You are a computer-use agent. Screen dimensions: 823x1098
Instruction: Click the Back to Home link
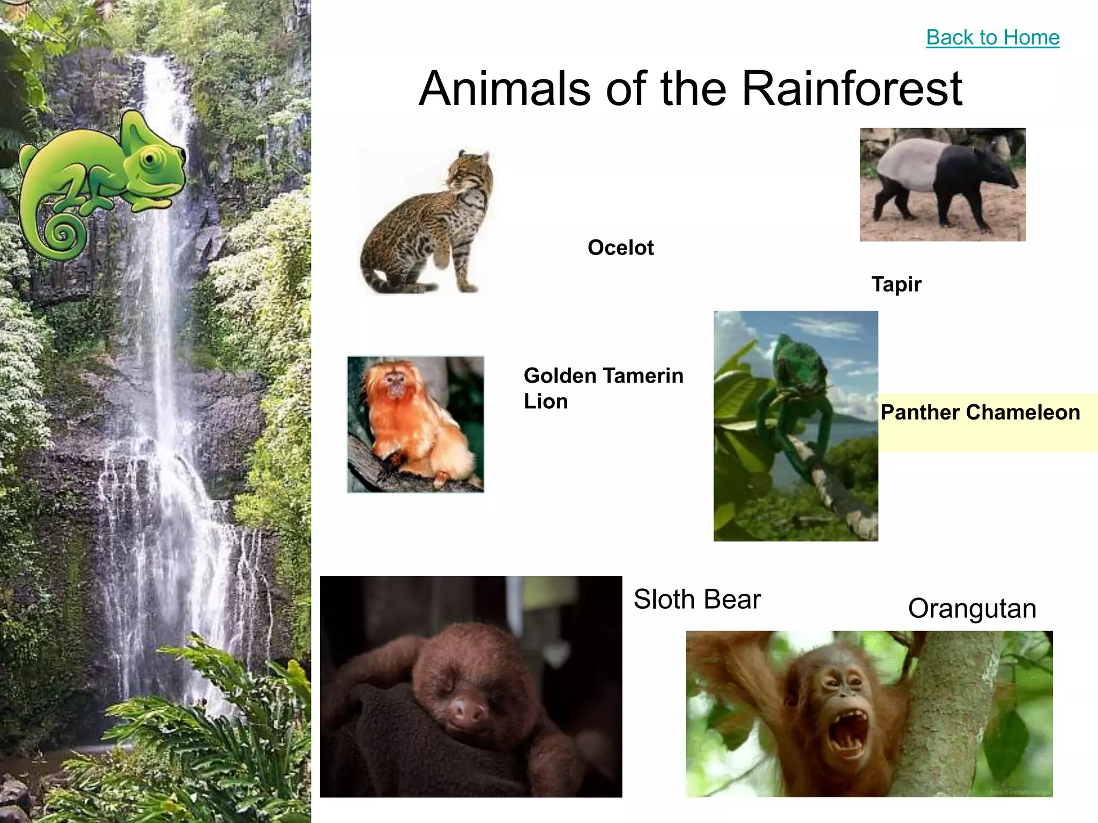coord(992,38)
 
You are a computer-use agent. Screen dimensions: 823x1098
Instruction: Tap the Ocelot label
coord(620,248)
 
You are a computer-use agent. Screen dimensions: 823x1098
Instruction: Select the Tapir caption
coord(896,284)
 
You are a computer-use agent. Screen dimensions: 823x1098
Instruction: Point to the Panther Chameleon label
coord(980,413)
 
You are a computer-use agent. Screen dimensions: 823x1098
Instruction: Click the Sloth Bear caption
coord(696,599)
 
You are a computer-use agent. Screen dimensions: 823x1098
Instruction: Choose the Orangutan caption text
coord(971,609)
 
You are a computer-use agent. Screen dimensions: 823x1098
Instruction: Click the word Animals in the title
coord(504,89)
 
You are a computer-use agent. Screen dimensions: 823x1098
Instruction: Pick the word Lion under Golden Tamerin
coord(545,402)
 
